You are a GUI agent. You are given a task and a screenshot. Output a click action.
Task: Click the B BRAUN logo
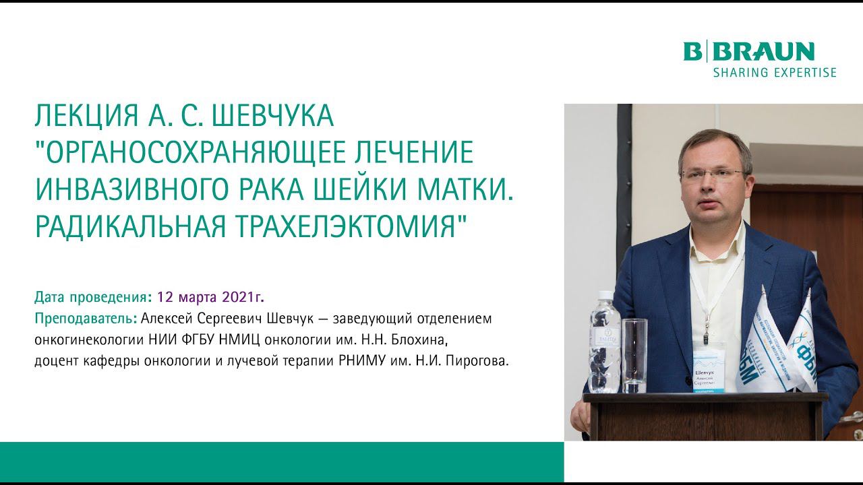pyautogui.click(x=749, y=52)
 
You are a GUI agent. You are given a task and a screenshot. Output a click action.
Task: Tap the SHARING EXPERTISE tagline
pyautogui.click(x=774, y=72)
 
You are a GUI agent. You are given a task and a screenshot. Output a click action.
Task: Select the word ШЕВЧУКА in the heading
pyautogui.click(x=272, y=118)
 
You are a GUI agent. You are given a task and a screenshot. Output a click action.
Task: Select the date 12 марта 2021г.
pyautogui.click(x=210, y=296)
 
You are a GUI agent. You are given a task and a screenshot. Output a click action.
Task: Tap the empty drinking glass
pyautogui.click(x=634, y=355)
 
